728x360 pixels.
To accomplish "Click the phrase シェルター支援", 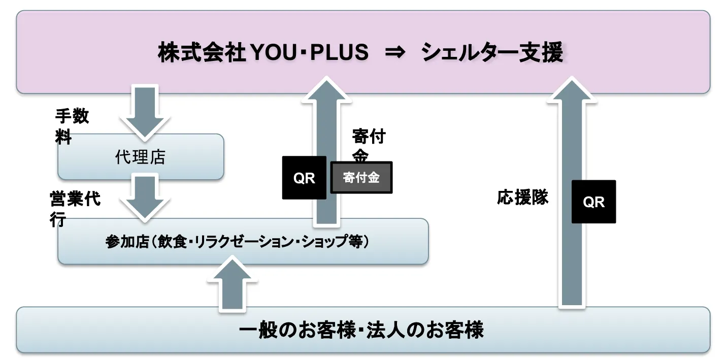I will point(492,53).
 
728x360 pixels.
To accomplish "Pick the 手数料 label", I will point(71,126).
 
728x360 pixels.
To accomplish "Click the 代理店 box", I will point(141,157).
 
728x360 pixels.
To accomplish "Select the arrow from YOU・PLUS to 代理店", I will point(144,113).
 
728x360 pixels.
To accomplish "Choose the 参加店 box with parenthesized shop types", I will point(243,242).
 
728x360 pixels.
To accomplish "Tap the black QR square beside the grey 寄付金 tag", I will point(304,178).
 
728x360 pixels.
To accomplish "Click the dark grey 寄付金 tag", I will point(361,178).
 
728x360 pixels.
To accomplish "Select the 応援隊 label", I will point(522,198).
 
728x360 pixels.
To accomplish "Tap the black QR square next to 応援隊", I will point(593,202).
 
